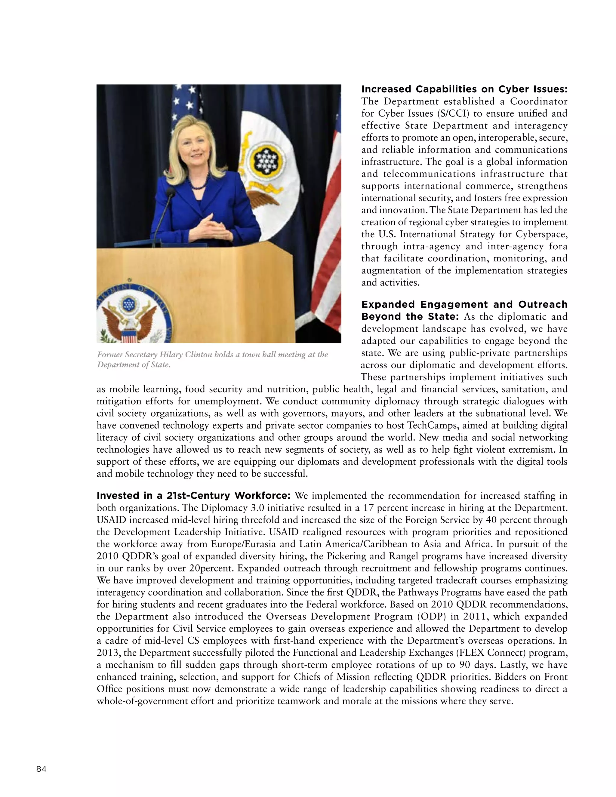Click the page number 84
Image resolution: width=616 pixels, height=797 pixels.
pos(41,769)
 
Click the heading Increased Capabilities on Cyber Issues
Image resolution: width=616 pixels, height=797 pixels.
pos(464,89)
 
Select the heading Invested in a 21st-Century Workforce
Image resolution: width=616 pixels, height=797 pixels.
pos(193,496)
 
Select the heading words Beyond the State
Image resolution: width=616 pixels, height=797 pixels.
pos(409,316)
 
